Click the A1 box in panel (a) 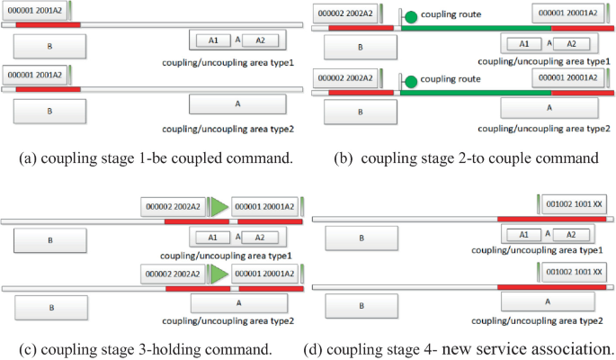pyautogui.click(x=212, y=40)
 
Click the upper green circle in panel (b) pyautogui.click(x=411, y=17)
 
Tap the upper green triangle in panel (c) pyautogui.click(x=219, y=206)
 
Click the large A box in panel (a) pyautogui.click(x=237, y=104)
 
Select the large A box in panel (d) pyautogui.click(x=549, y=302)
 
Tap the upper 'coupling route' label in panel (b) pyautogui.click(x=454, y=14)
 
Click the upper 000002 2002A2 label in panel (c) pyautogui.click(x=174, y=206)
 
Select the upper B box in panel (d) pyautogui.click(x=360, y=238)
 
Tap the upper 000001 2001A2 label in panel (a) pyautogui.click(x=35, y=11)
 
